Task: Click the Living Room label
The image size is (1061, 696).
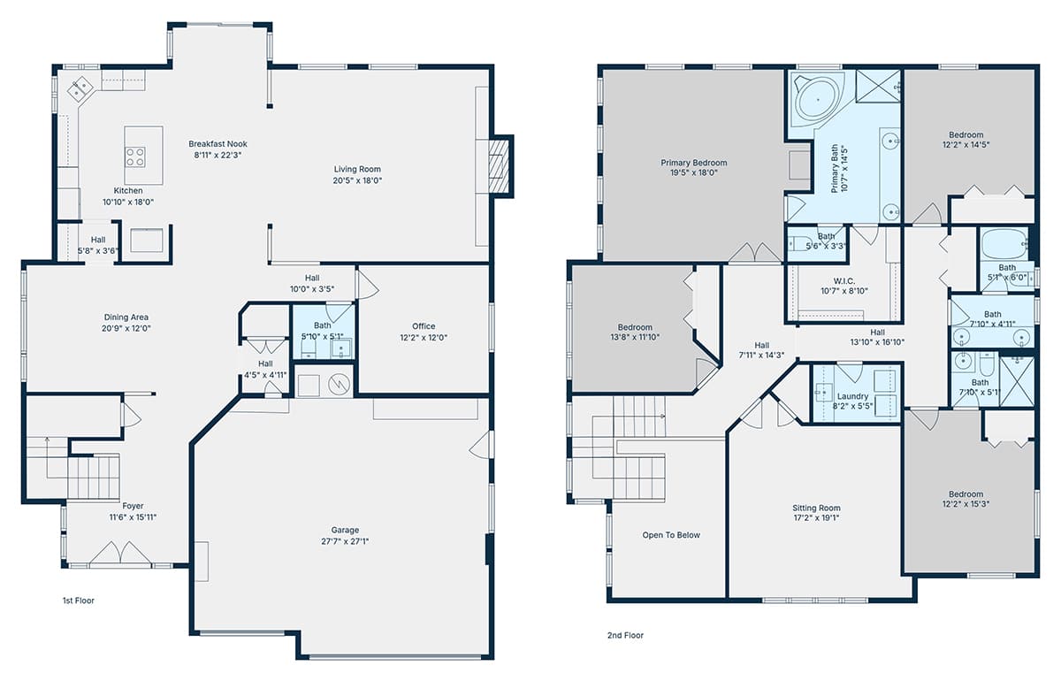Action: pos(357,169)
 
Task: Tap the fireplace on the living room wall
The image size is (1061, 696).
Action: pos(499,166)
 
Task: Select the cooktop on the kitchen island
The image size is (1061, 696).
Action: pos(135,157)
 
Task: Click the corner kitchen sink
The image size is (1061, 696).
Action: pos(80,88)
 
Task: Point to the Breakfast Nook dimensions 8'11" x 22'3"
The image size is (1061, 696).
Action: pos(218,155)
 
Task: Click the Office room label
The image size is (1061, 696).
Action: pos(424,326)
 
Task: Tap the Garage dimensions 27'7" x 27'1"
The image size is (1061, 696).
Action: pos(345,541)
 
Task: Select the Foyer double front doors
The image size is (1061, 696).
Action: pos(120,554)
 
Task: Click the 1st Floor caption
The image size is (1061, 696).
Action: pos(79,600)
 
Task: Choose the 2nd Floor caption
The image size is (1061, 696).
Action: pos(625,635)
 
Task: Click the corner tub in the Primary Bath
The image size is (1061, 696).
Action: pos(818,100)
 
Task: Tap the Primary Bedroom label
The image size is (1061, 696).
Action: pos(694,163)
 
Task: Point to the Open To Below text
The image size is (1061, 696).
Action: pos(671,535)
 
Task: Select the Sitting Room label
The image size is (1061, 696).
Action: pos(817,508)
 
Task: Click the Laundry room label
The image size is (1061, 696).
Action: pos(852,396)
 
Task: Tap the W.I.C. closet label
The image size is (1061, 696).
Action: pos(844,281)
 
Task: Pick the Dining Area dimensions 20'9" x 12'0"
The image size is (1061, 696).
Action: pos(126,328)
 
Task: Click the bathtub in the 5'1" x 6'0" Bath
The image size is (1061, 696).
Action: pos(1004,244)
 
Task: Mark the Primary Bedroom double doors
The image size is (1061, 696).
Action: pos(754,253)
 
